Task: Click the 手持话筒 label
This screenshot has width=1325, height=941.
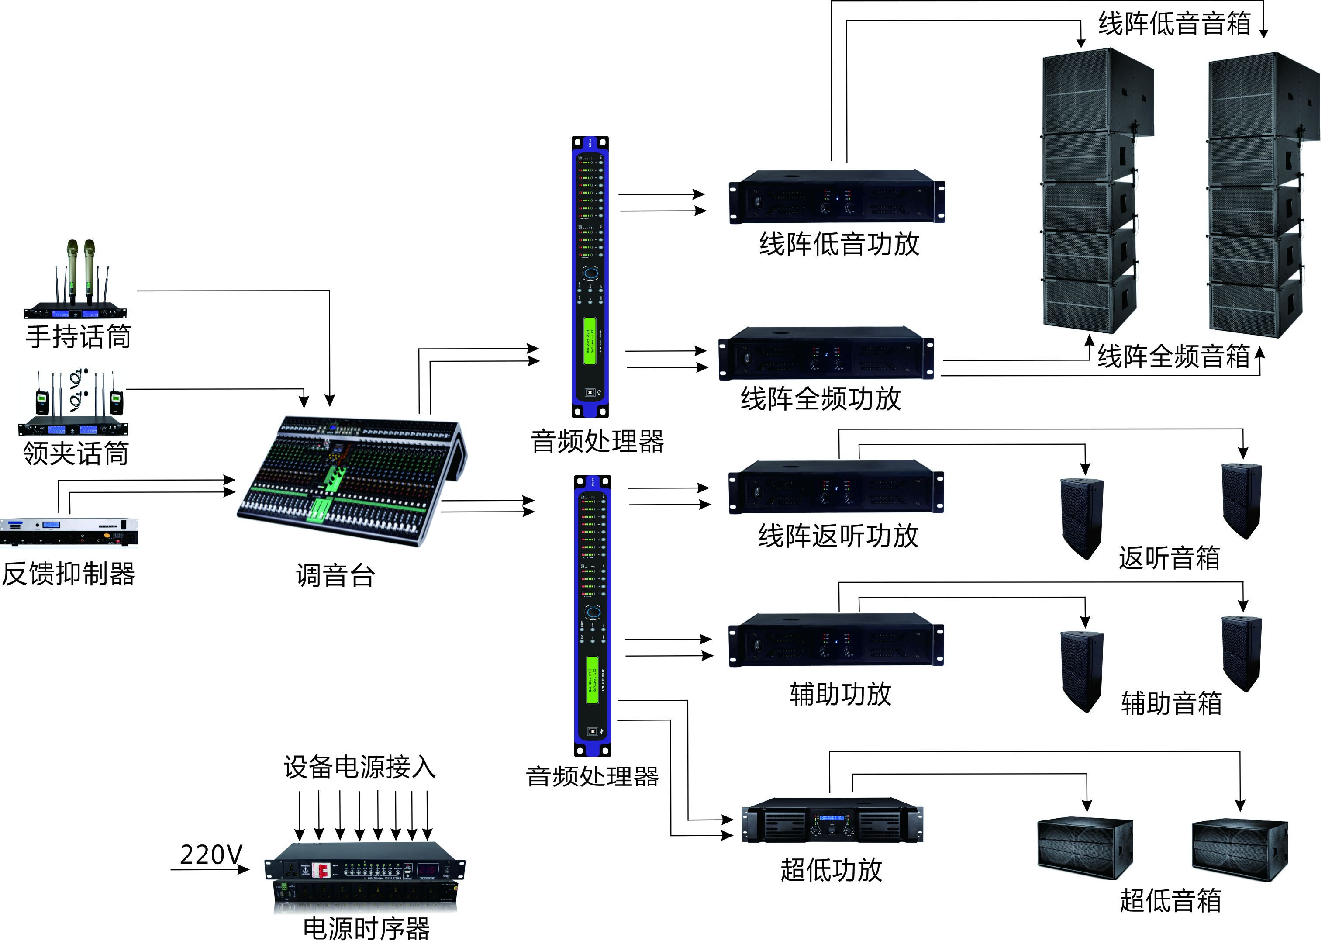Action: (78, 337)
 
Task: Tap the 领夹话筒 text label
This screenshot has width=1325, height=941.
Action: (75, 453)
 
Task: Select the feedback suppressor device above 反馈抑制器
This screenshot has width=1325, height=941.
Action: (69, 531)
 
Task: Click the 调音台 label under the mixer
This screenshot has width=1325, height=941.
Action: (335, 575)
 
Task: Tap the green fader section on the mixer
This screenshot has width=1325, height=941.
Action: (320, 510)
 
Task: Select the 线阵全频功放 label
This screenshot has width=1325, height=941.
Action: (821, 399)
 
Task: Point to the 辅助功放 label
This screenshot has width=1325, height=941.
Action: (840, 694)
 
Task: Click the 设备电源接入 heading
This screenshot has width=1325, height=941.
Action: (359, 767)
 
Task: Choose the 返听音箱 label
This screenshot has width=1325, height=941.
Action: (1169, 557)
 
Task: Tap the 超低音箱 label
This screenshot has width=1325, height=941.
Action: (1170, 900)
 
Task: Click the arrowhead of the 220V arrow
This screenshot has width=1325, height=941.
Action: (245, 869)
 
